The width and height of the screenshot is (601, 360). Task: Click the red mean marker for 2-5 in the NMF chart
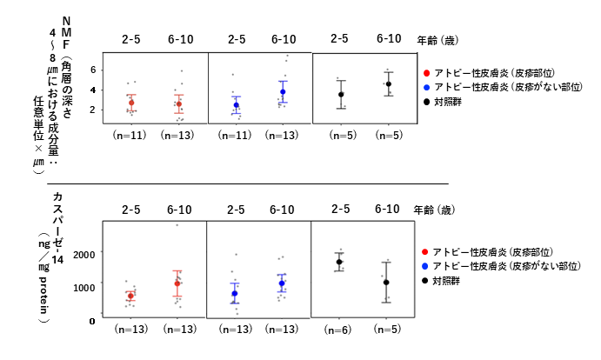click(131, 103)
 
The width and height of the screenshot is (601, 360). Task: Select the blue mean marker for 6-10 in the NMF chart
click(283, 91)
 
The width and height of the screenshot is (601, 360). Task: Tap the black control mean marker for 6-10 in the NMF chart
click(388, 84)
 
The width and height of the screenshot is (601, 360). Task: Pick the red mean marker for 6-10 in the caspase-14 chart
click(178, 283)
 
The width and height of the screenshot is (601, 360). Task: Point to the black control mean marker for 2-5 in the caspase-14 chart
click(340, 262)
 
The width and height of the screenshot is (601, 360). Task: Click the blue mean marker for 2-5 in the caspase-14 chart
click(235, 293)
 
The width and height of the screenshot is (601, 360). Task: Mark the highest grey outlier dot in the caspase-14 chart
click(178, 225)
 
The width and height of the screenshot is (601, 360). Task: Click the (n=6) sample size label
click(340, 331)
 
